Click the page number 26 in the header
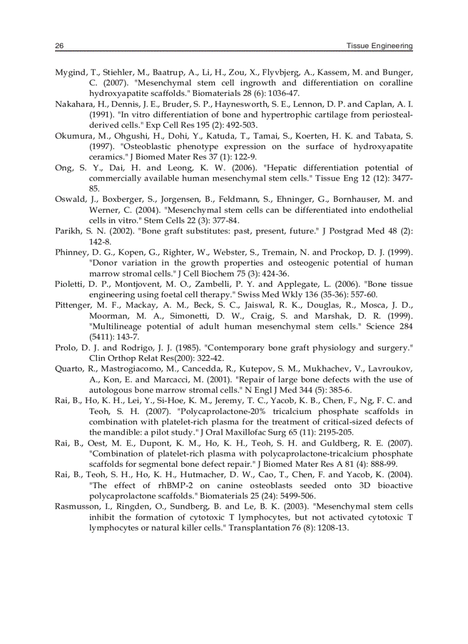[58, 45]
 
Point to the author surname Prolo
[66, 348]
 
